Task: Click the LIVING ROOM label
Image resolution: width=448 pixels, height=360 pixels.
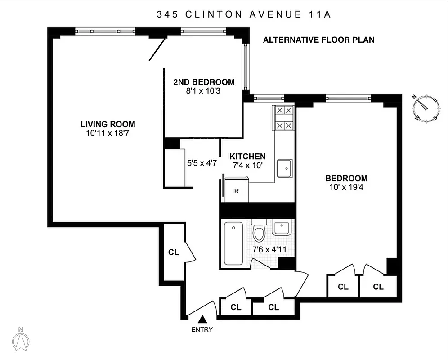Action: [108, 124]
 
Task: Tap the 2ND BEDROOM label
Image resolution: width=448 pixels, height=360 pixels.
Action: [204, 82]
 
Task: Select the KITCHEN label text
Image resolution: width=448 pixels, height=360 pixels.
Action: [247, 157]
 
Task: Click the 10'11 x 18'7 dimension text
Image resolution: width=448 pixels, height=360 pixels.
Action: [108, 133]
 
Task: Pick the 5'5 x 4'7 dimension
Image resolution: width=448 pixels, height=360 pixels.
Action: [202, 163]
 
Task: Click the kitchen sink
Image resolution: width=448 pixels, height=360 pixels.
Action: [284, 169]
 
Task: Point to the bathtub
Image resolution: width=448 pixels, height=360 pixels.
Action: [233, 243]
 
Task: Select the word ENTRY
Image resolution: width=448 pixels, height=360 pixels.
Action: [202, 329]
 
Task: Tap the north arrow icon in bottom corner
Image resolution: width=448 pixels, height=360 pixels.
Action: [21, 339]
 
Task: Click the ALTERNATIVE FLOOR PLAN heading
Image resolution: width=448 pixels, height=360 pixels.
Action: [318, 40]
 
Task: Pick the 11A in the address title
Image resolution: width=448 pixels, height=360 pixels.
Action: [319, 14]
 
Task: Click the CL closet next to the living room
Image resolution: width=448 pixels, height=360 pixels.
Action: [174, 252]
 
